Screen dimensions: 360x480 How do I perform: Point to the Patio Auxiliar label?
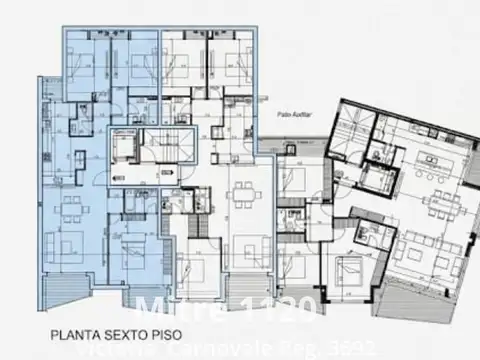pyautogui.click(x=273, y=114)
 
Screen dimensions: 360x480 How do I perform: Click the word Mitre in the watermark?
pyautogui.click(x=168, y=308)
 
